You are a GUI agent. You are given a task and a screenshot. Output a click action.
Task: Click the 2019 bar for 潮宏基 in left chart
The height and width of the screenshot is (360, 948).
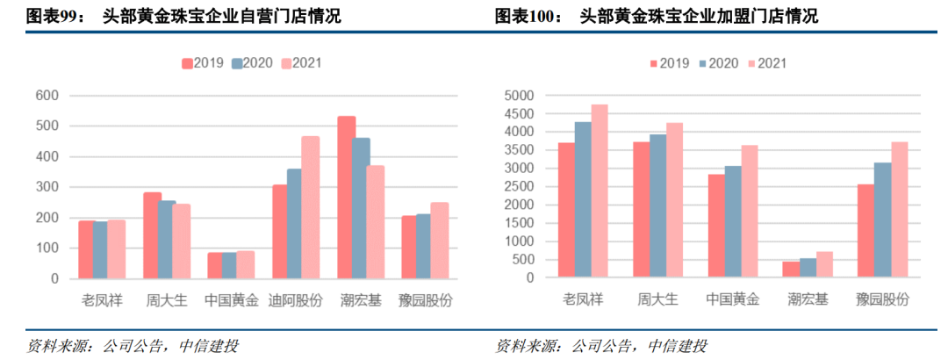click(x=346, y=198)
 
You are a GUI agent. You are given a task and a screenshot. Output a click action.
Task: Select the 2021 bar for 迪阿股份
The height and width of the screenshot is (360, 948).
click(x=310, y=207)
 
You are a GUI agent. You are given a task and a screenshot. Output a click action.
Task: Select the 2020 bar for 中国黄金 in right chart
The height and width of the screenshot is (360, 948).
click(x=733, y=222)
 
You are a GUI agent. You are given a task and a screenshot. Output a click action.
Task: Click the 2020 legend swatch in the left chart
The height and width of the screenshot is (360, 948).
click(x=237, y=63)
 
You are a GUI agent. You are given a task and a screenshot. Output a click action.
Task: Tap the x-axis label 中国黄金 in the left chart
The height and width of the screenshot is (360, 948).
click(x=231, y=300)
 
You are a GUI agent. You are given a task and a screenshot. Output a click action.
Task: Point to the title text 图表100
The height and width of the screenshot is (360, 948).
click(x=526, y=16)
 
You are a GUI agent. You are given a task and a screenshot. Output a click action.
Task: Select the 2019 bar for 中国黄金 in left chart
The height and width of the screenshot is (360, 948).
click(x=215, y=265)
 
